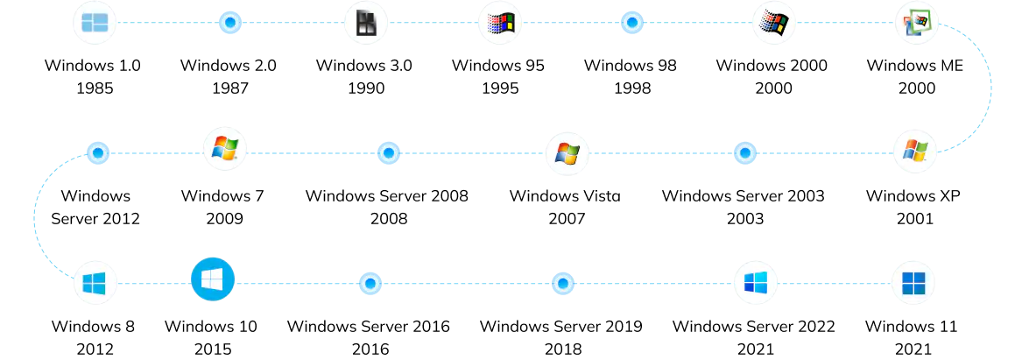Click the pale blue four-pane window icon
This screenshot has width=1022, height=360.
pos(95,23)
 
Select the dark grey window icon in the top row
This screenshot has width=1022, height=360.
pos(366,24)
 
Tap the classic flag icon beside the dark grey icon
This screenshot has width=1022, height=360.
pos(500,23)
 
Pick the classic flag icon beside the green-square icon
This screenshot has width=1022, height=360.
pos(773,23)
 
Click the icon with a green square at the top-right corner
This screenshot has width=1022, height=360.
pos(916,23)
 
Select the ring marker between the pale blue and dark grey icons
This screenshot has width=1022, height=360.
pos(229,23)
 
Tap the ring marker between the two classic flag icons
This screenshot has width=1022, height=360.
pos(631,23)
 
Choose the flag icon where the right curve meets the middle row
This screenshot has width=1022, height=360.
pos(914,151)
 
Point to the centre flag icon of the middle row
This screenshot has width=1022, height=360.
pos(567,153)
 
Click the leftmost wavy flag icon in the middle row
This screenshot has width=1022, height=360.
pos(224,149)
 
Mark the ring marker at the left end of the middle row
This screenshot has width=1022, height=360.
pos(97,153)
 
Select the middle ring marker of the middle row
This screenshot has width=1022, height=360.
pos(388,153)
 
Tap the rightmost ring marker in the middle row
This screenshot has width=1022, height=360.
pos(744,153)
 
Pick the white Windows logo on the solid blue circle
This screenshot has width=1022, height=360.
pos(212,279)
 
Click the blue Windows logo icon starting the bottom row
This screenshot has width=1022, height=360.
pos(95,283)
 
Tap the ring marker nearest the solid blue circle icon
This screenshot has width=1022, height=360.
pos(370,284)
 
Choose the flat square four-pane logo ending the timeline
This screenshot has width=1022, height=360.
pos(913,283)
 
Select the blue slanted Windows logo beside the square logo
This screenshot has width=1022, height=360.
pos(755,283)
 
